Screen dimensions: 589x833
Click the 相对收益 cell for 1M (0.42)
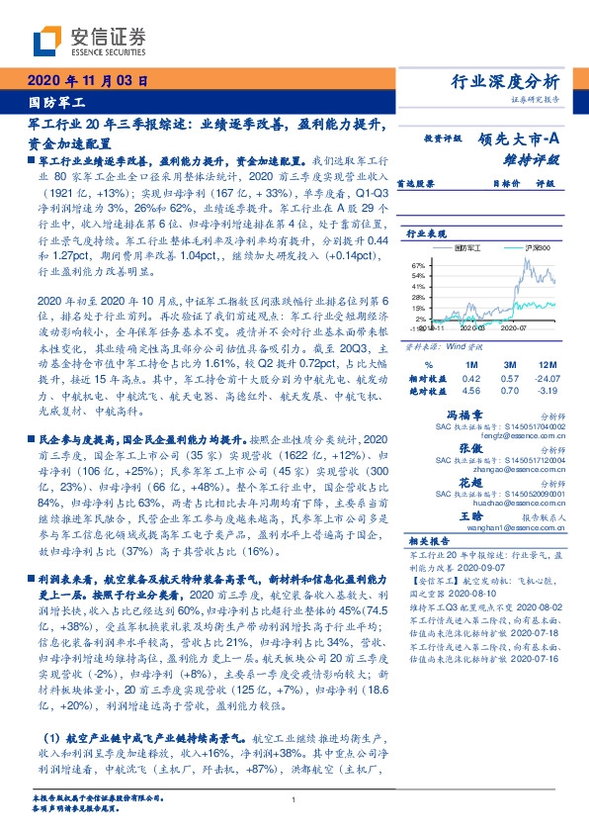coord(470,377)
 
